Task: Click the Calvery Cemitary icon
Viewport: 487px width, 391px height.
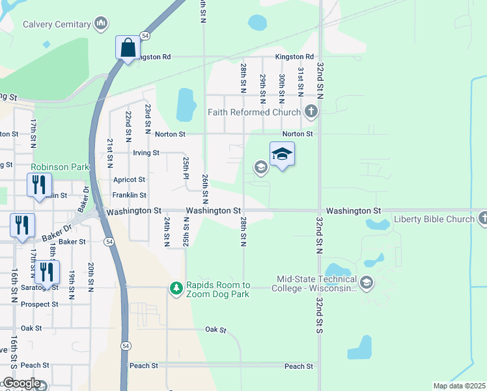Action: click(x=101, y=25)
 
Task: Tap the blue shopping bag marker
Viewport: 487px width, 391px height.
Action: click(x=128, y=48)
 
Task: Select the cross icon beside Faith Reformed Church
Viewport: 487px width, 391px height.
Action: click(x=311, y=111)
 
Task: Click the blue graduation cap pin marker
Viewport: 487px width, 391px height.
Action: click(x=282, y=155)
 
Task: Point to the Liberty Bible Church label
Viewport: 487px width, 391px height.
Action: click(x=434, y=219)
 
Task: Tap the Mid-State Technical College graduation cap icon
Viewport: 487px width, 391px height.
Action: click(x=367, y=282)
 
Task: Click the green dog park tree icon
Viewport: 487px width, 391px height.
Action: click(x=175, y=287)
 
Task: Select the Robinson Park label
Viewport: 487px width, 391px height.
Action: click(x=59, y=167)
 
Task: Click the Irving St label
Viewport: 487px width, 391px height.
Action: click(x=146, y=153)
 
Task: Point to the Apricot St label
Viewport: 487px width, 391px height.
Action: click(x=129, y=179)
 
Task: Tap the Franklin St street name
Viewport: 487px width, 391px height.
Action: click(x=129, y=195)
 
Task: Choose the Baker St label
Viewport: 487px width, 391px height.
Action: click(x=72, y=242)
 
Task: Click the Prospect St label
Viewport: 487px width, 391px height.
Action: click(x=39, y=304)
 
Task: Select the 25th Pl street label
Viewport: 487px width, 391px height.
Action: click(x=186, y=167)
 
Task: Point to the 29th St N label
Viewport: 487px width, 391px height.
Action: click(x=262, y=88)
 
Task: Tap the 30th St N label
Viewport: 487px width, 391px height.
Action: click(x=281, y=88)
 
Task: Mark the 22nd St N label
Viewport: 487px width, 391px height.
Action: click(x=129, y=127)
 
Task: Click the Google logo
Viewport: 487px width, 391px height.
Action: click(x=21, y=383)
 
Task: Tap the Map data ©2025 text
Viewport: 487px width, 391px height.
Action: click(x=459, y=386)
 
